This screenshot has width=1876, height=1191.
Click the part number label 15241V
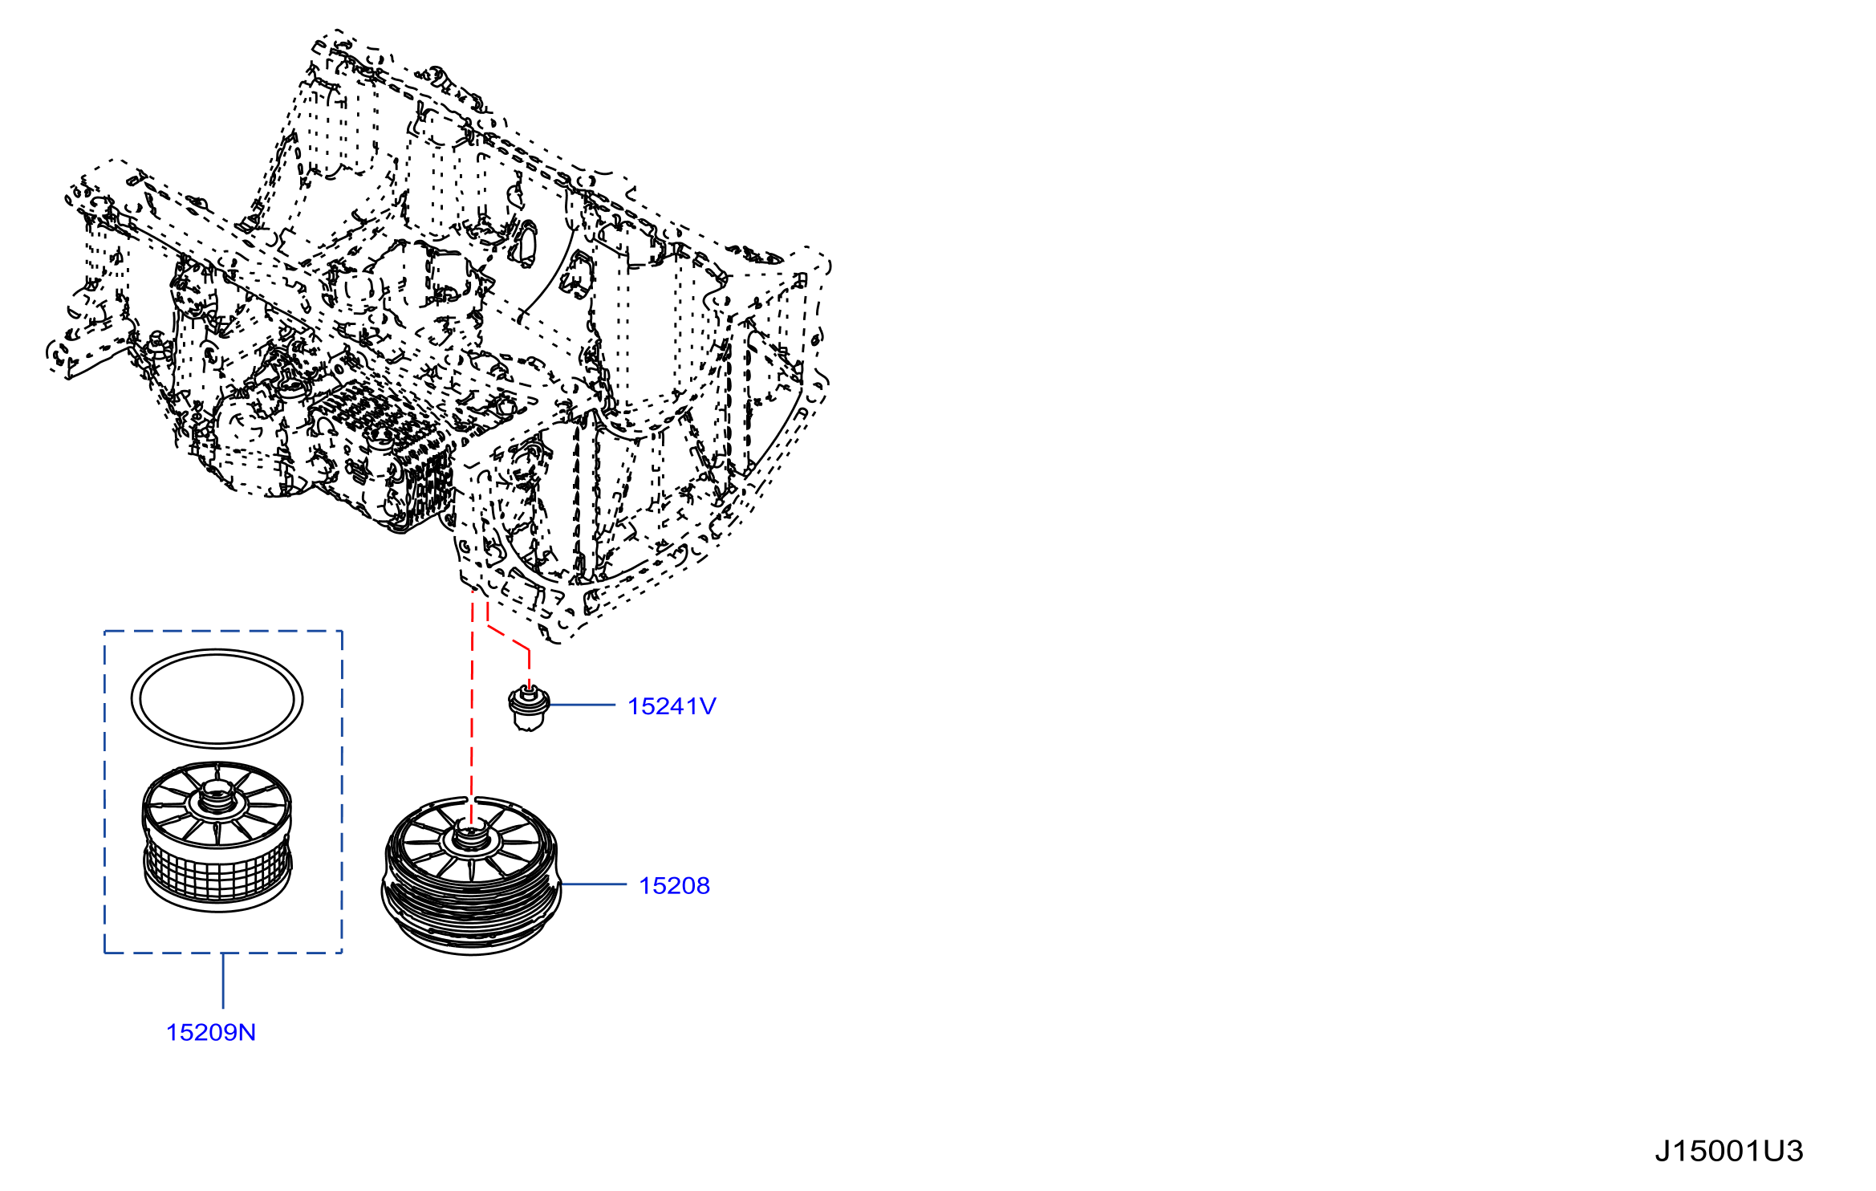(672, 706)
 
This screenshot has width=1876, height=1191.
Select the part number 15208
(674, 885)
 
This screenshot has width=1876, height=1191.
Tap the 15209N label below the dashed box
(211, 1032)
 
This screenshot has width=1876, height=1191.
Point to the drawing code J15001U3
(1729, 1152)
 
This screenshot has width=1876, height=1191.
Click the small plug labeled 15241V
(528, 708)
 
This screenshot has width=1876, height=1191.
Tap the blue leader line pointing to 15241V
(582, 705)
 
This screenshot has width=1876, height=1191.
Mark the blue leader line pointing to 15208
(593, 884)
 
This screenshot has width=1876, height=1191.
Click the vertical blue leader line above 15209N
(223, 980)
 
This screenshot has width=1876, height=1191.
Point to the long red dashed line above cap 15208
(472, 710)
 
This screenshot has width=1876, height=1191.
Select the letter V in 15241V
(707, 706)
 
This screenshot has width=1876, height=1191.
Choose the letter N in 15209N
(247, 1032)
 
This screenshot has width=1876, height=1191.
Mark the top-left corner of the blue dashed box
(104, 631)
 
